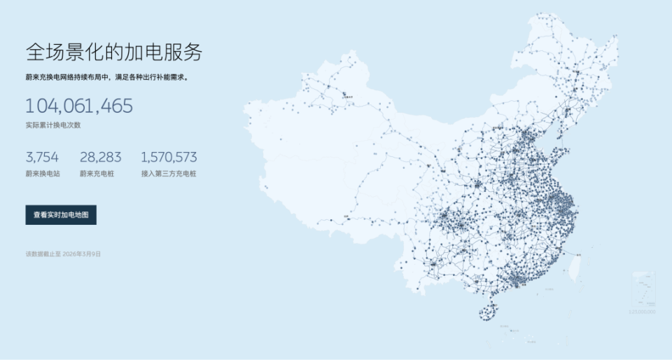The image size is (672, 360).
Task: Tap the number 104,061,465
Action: tap(78, 106)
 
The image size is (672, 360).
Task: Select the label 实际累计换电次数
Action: tap(53, 125)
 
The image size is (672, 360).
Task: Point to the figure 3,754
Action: tap(42, 157)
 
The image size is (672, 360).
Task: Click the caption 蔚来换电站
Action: tap(43, 173)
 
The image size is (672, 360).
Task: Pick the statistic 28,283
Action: tap(101, 157)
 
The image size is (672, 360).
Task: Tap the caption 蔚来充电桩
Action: tap(97, 173)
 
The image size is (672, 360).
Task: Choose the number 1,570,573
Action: tap(169, 157)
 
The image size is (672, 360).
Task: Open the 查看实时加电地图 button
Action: tap(61, 215)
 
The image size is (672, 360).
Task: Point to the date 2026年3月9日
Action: tap(82, 254)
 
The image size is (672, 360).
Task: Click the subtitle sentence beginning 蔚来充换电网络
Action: tap(106, 78)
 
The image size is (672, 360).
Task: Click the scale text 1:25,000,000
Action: tap(642, 311)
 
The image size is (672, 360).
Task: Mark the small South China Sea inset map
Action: tap(643, 289)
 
